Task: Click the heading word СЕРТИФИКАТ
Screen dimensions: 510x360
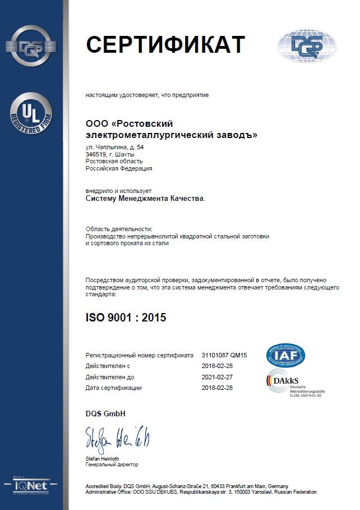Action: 165,45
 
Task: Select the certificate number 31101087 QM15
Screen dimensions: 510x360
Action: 224,356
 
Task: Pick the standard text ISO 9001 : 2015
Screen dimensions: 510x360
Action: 126,318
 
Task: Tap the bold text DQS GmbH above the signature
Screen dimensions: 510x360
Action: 105,414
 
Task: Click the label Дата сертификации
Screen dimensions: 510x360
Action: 113,388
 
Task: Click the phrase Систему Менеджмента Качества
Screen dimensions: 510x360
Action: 145,198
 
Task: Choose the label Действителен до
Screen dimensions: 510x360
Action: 109,377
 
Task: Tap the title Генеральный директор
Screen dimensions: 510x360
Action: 112,465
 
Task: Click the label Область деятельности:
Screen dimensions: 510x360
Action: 118,229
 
